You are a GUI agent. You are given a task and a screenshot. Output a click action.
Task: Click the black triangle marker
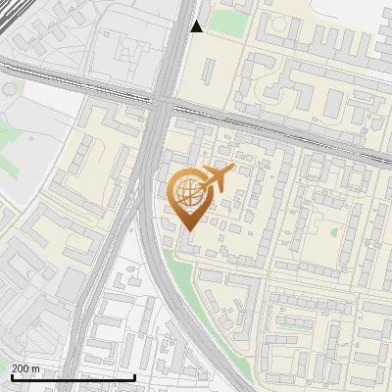[196, 26]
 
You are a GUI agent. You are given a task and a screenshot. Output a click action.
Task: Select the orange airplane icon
[216, 179]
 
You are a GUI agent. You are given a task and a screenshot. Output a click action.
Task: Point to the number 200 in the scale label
[21, 368]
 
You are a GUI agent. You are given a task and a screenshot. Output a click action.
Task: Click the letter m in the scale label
[36, 368]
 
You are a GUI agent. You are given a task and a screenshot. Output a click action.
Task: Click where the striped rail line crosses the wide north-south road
[163, 99]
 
